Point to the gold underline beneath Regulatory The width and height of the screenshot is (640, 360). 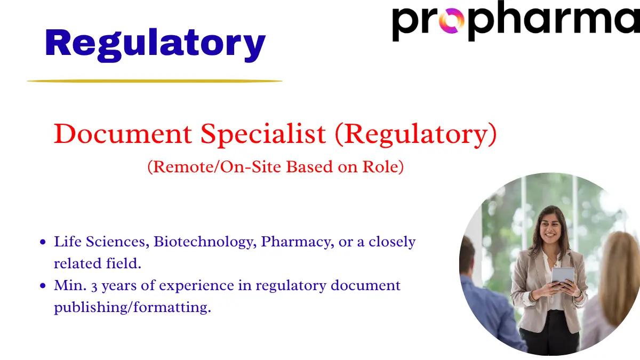point(155,81)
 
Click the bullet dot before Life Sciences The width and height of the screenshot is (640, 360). point(43,242)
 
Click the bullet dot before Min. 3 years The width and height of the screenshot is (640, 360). point(43,286)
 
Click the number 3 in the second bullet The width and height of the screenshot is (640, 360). point(94,286)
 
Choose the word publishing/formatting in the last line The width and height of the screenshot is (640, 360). point(132,308)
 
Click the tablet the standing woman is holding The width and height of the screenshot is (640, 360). point(563,275)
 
